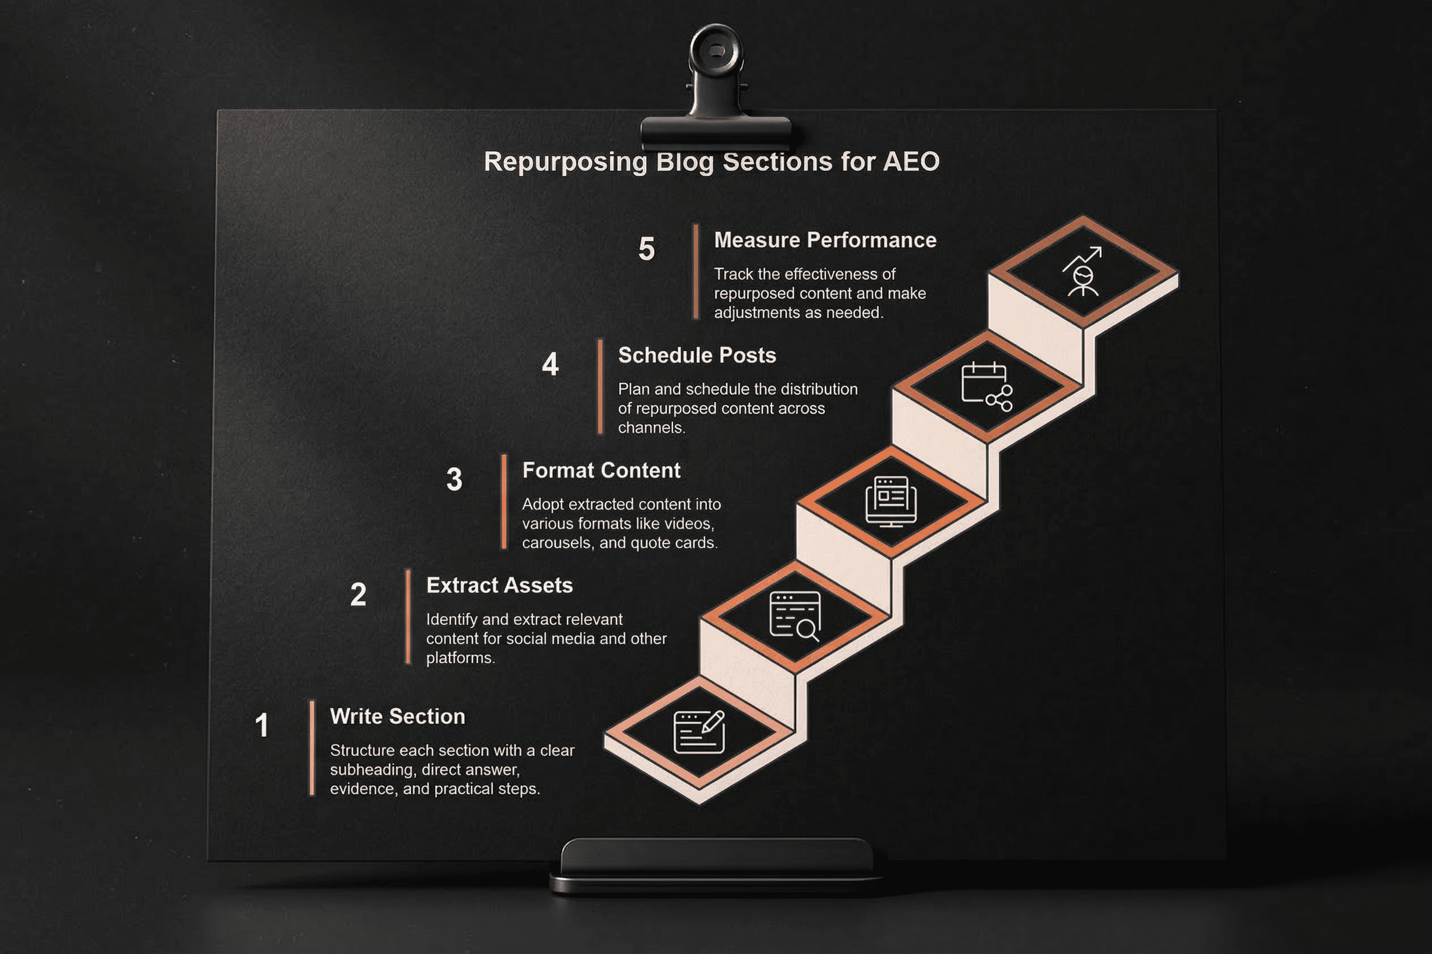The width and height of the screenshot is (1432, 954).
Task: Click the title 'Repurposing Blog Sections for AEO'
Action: pyautogui.click(x=711, y=162)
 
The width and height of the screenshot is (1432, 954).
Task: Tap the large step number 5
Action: pyautogui.click(x=646, y=249)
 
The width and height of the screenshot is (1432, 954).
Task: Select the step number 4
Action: pyautogui.click(x=550, y=364)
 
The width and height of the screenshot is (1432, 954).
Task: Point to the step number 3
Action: pyautogui.click(x=454, y=479)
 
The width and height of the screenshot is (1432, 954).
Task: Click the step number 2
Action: pyautogui.click(x=358, y=594)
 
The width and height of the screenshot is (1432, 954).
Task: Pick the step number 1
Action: pyautogui.click(x=262, y=725)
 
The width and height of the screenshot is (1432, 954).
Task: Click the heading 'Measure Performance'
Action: pyautogui.click(x=825, y=241)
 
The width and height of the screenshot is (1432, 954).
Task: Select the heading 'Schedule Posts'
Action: pyautogui.click(x=697, y=355)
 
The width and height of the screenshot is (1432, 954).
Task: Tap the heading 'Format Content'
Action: pyautogui.click(x=601, y=470)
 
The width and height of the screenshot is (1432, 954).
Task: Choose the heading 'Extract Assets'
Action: pyautogui.click(x=499, y=585)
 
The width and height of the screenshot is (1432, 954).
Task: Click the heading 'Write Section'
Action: pyautogui.click(x=398, y=717)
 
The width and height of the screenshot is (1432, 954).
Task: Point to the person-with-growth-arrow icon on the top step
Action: pyautogui.click(x=1082, y=272)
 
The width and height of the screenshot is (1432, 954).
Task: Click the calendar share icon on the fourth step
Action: pyautogui.click(x=986, y=387)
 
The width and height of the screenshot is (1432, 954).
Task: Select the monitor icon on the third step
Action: pyautogui.click(x=891, y=502)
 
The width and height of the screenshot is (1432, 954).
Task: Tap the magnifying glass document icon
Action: pyautogui.click(x=795, y=616)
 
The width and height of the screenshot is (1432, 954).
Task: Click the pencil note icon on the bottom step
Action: pyautogui.click(x=699, y=732)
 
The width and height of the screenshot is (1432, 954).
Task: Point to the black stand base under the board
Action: pyautogui.click(x=715, y=867)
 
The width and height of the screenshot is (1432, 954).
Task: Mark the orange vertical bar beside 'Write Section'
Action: pyautogui.click(x=312, y=748)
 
